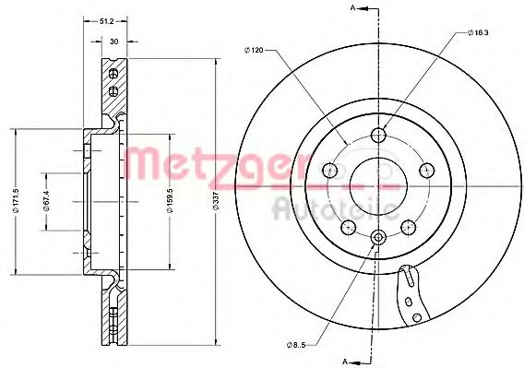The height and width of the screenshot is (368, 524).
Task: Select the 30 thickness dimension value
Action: [113, 42]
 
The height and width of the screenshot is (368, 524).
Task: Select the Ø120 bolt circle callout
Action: [254, 50]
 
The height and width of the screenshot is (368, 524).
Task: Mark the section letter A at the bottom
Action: [346, 360]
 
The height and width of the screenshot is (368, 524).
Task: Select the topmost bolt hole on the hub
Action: [377, 136]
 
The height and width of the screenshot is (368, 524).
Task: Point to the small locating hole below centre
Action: [377, 238]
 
